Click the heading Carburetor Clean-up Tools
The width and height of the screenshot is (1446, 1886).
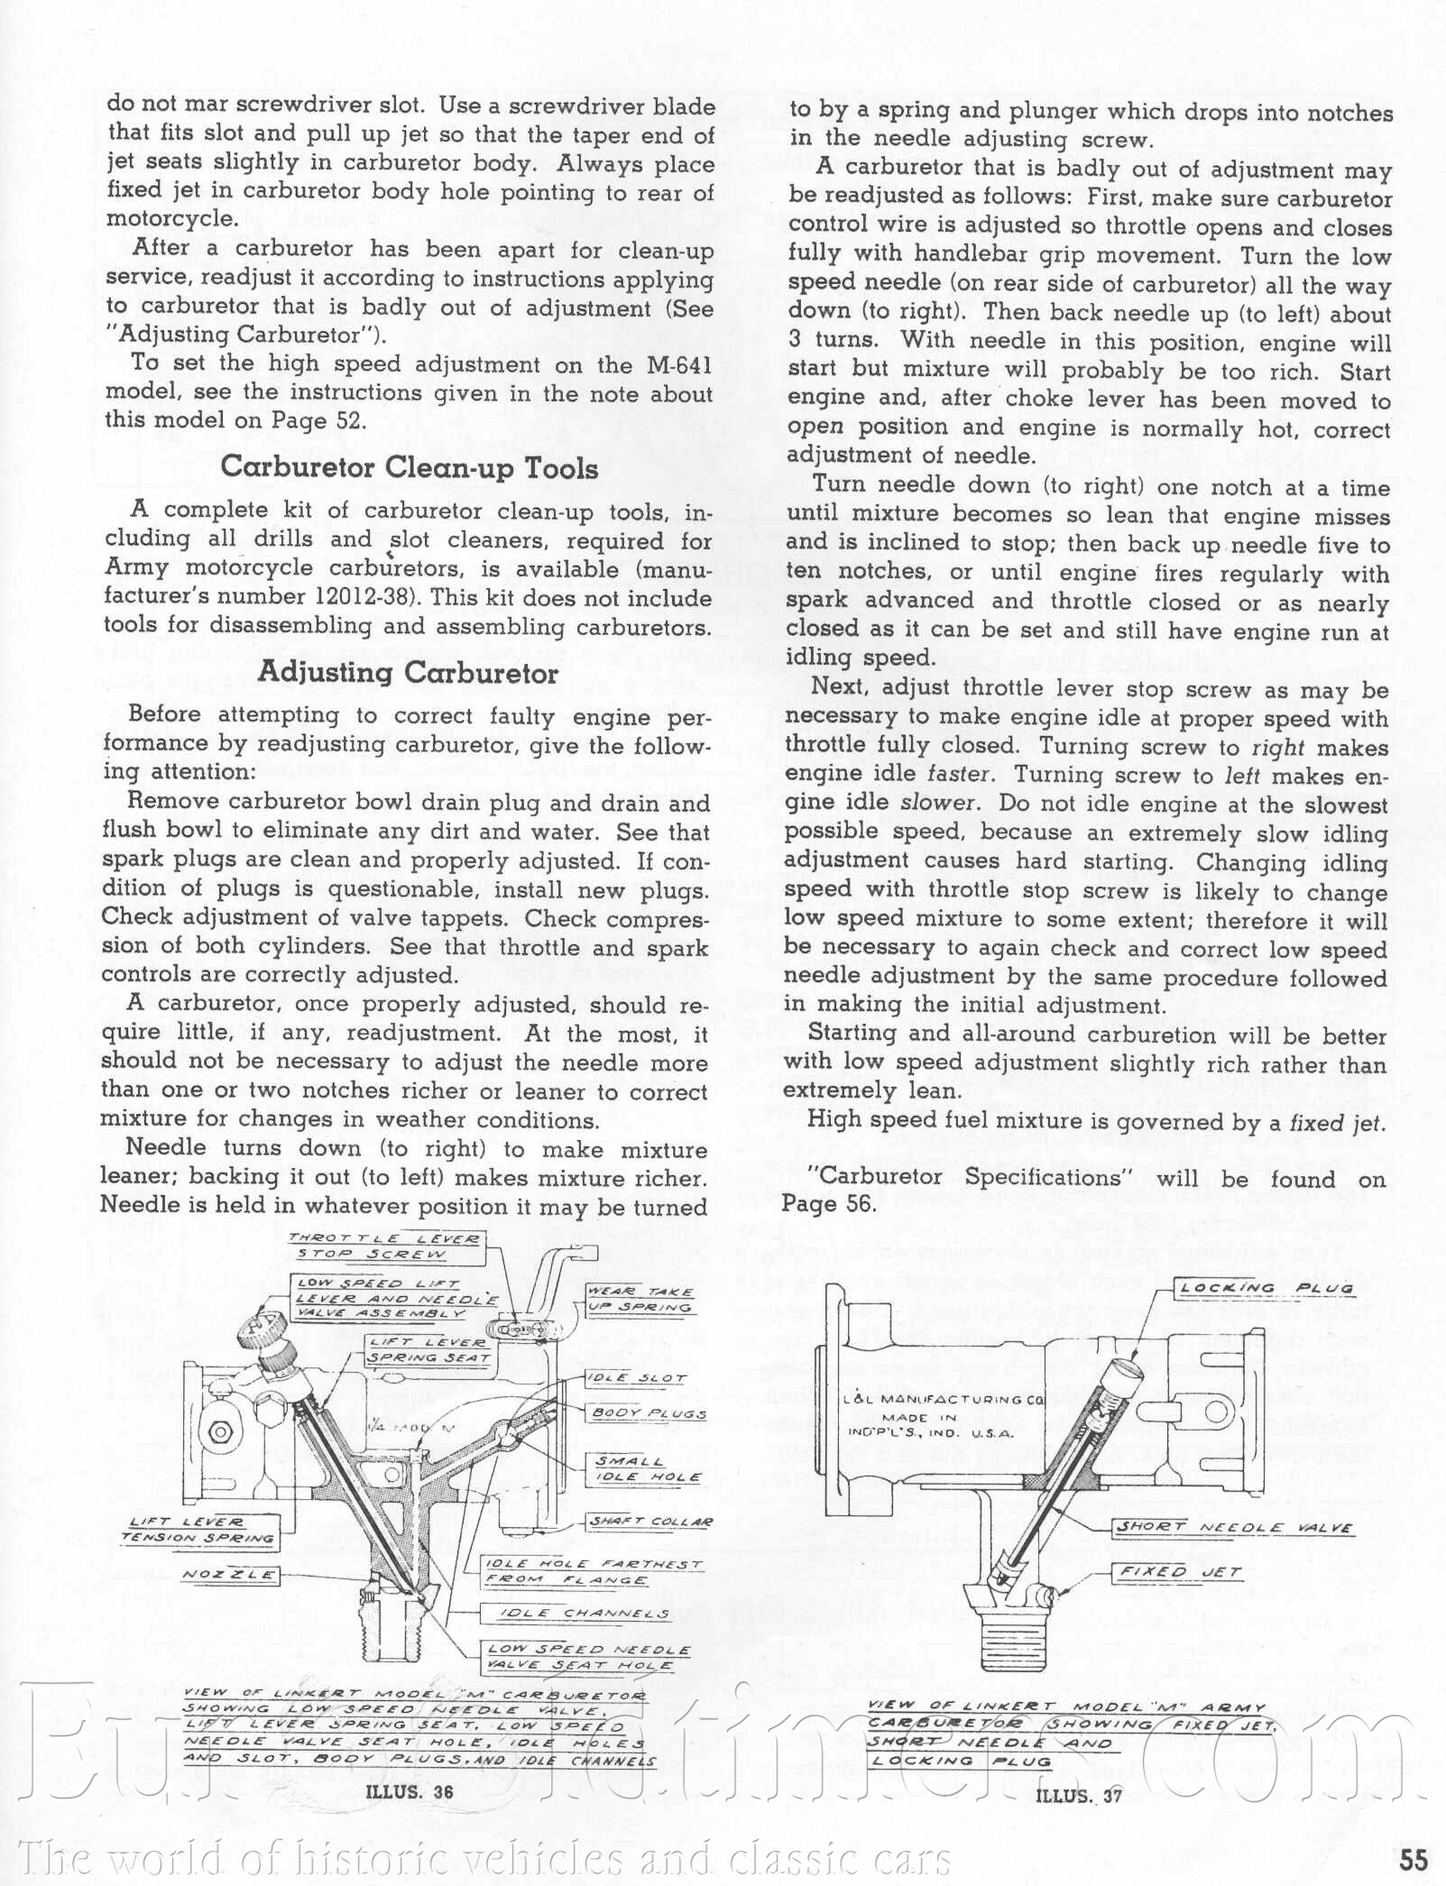click(x=409, y=467)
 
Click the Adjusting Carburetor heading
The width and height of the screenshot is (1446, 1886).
click(x=408, y=673)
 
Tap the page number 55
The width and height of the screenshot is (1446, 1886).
click(x=1414, y=1859)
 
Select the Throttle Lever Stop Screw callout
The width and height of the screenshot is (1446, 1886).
click(x=386, y=1247)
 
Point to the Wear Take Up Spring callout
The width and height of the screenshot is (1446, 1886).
click(x=640, y=1300)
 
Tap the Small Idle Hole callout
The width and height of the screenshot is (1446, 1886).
click(x=646, y=1469)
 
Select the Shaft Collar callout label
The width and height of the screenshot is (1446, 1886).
click(x=650, y=1522)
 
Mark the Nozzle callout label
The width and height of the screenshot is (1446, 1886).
click(x=229, y=1575)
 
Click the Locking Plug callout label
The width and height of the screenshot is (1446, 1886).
click(x=1266, y=1288)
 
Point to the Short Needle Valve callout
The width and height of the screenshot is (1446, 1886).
click(x=1235, y=1528)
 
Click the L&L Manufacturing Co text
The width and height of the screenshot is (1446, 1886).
click(x=944, y=1400)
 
